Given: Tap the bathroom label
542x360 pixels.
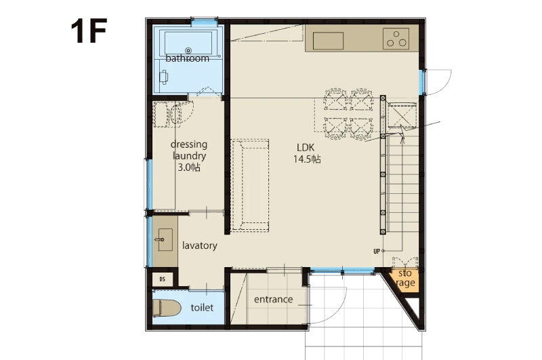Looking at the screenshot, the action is (x=188, y=58).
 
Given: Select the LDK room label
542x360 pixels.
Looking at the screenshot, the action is (x=306, y=148).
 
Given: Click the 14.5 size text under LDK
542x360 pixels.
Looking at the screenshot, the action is (x=307, y=159).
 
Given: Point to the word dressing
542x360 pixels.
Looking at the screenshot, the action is (x=189, y=144).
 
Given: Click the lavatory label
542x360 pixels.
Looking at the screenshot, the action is (x=200, y=245).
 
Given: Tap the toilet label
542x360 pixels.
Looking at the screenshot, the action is (x=202, y=307).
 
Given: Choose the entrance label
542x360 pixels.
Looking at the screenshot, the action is (x=274, y=299).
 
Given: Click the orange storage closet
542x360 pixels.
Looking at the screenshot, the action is (x=404, y=279).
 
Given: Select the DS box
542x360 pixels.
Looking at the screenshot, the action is (x=163, y=279).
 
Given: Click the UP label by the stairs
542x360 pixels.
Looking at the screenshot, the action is (x=377, y=252).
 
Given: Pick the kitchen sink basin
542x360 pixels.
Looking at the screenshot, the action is (x=328, y=41).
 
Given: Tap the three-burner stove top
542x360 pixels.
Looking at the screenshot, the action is (x=396, y=39).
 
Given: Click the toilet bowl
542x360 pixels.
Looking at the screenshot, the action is (x=167, y=308).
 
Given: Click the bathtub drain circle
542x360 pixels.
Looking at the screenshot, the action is (x=188, y=51).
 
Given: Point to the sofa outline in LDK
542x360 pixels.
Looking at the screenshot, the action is (x=249, y=185).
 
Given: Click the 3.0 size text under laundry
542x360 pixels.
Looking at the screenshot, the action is (x=189, y=167).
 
